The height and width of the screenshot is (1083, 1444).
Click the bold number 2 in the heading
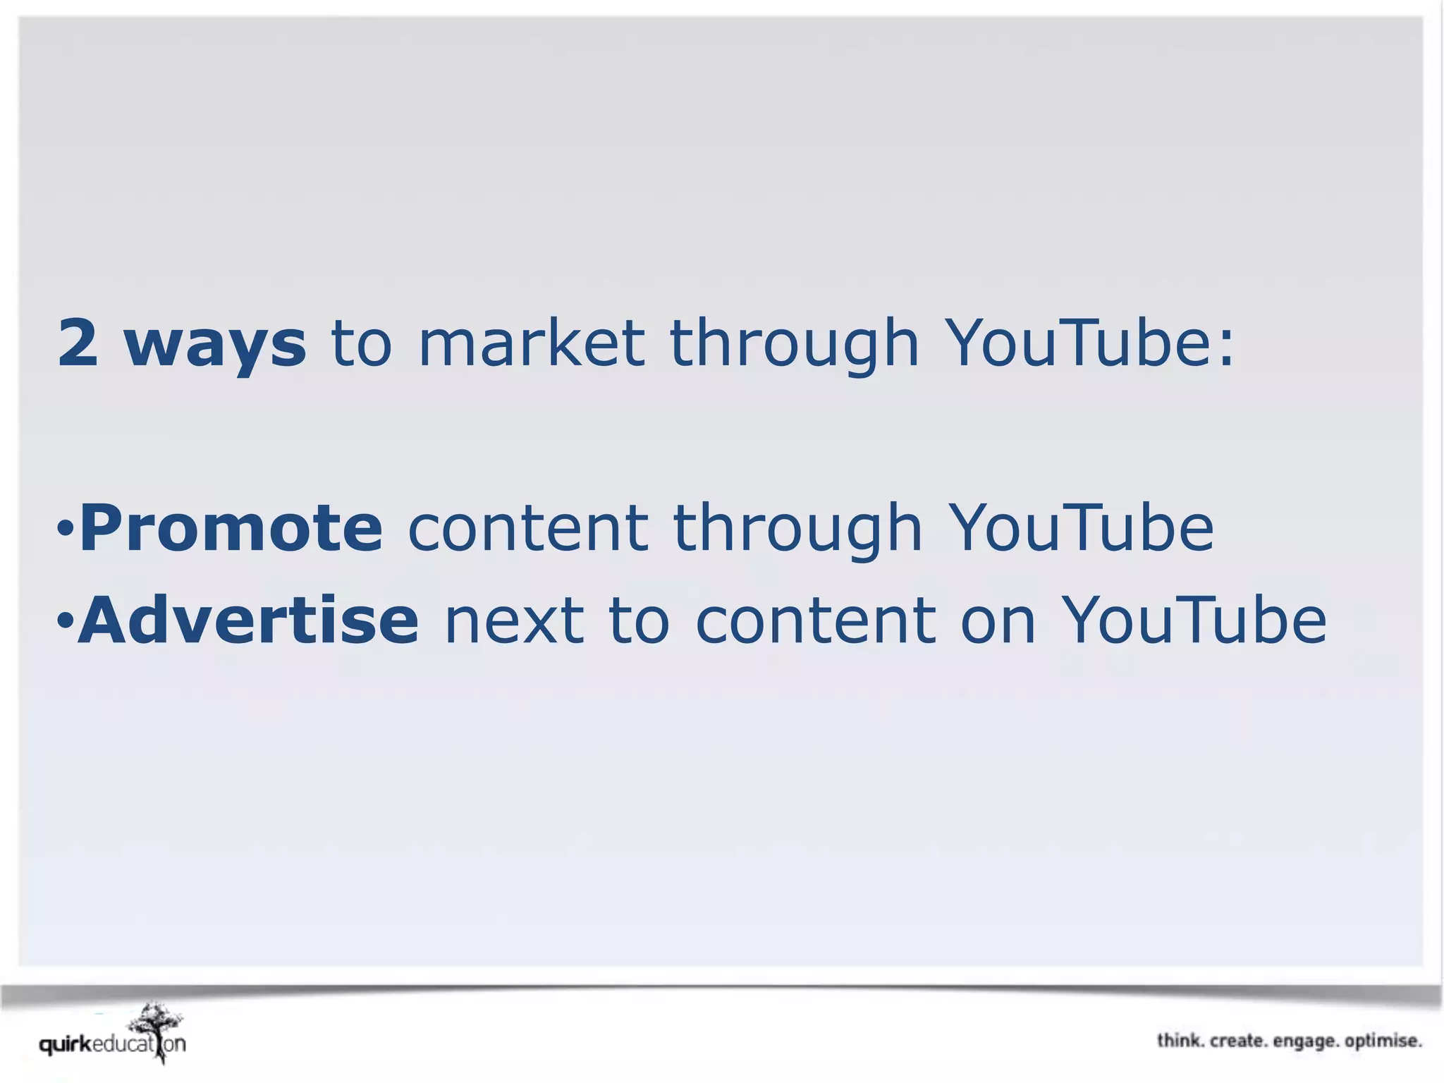[78, 343]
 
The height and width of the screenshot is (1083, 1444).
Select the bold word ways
[215, 345]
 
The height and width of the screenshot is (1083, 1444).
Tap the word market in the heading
[532, 343]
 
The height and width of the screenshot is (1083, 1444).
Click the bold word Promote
[231, 528]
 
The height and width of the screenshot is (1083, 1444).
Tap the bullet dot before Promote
[65, 529]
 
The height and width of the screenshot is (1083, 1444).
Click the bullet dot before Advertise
[65, 620]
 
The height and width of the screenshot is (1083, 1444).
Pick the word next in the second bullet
[514, 621]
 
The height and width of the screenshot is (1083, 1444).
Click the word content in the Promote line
[528, 529]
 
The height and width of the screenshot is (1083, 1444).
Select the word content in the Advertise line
[816, 621]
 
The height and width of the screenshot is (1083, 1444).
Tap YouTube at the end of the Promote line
[1080, 528]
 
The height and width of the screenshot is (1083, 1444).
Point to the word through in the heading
[794, 345]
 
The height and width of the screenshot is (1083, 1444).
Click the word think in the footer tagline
[1180, 1041]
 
